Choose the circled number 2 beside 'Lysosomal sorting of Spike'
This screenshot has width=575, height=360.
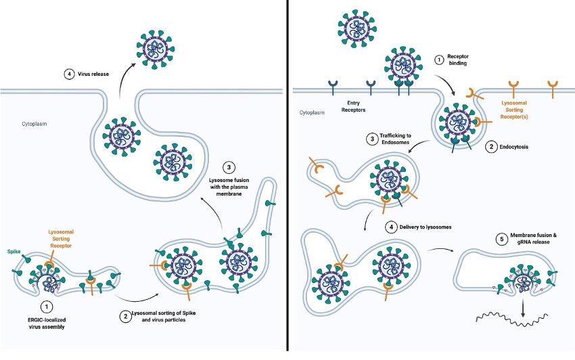pos(124,315)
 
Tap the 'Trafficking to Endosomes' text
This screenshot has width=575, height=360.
pos(394,143)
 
